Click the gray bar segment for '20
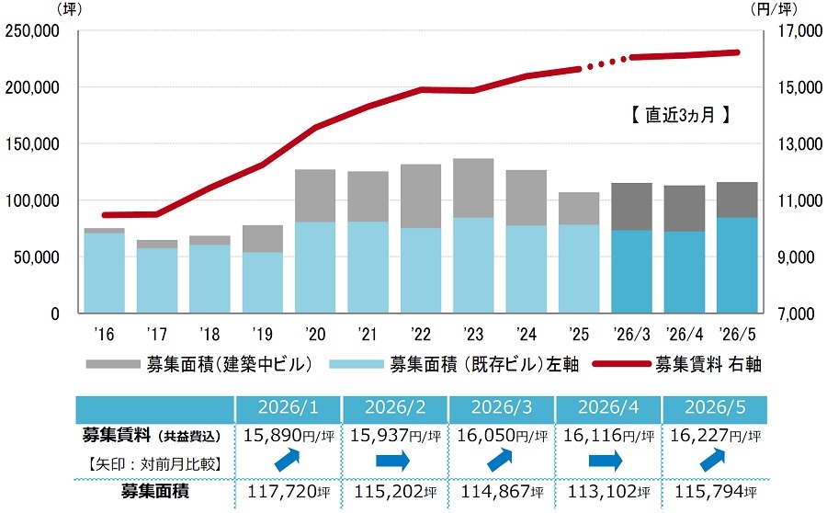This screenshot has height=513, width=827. point(315,196)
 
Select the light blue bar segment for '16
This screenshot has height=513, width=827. point(105,273)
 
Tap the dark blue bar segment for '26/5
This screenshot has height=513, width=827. point(737,266)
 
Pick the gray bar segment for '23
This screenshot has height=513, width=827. point(473,188)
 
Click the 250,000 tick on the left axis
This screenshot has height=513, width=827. point(32,31)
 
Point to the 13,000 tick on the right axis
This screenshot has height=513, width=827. point(800,144)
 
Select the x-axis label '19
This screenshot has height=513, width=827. point(262,334)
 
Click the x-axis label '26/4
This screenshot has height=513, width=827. point(684,334)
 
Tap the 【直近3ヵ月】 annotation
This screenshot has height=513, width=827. point(680,115)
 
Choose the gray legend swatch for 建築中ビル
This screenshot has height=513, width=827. point(112,364)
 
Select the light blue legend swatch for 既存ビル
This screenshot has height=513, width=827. point(356,364)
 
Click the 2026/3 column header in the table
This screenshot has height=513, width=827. point(501,407)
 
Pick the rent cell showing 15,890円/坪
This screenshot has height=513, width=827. point(289,436)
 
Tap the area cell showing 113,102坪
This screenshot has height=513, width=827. point(608,492)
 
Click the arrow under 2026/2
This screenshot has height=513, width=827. point(393,461)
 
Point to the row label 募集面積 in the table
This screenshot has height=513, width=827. point(154,491)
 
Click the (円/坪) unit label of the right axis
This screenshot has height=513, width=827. point(774,9)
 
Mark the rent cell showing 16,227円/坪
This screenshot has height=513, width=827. point(715,436)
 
